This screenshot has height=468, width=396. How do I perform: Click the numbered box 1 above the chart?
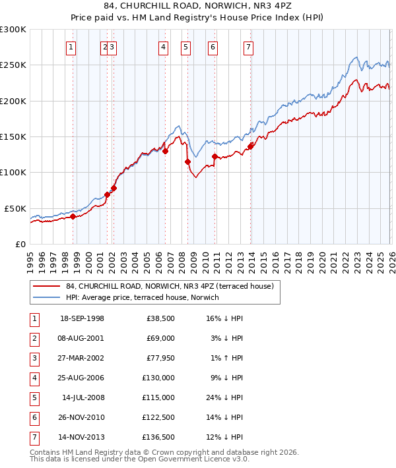[71, 47]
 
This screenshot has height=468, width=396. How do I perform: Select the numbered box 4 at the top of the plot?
[162, 47]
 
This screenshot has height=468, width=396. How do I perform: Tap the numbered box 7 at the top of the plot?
[248, 47]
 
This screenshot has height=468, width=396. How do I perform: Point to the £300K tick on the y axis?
[13, 30]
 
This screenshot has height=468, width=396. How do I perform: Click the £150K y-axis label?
[13, 136]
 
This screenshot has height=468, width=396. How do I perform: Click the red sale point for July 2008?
[187, 161]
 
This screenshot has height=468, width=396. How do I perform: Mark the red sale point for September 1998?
[73, 216]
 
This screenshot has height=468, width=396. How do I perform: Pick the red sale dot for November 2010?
[214, 156]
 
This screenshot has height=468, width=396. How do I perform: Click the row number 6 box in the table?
[34, 417]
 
